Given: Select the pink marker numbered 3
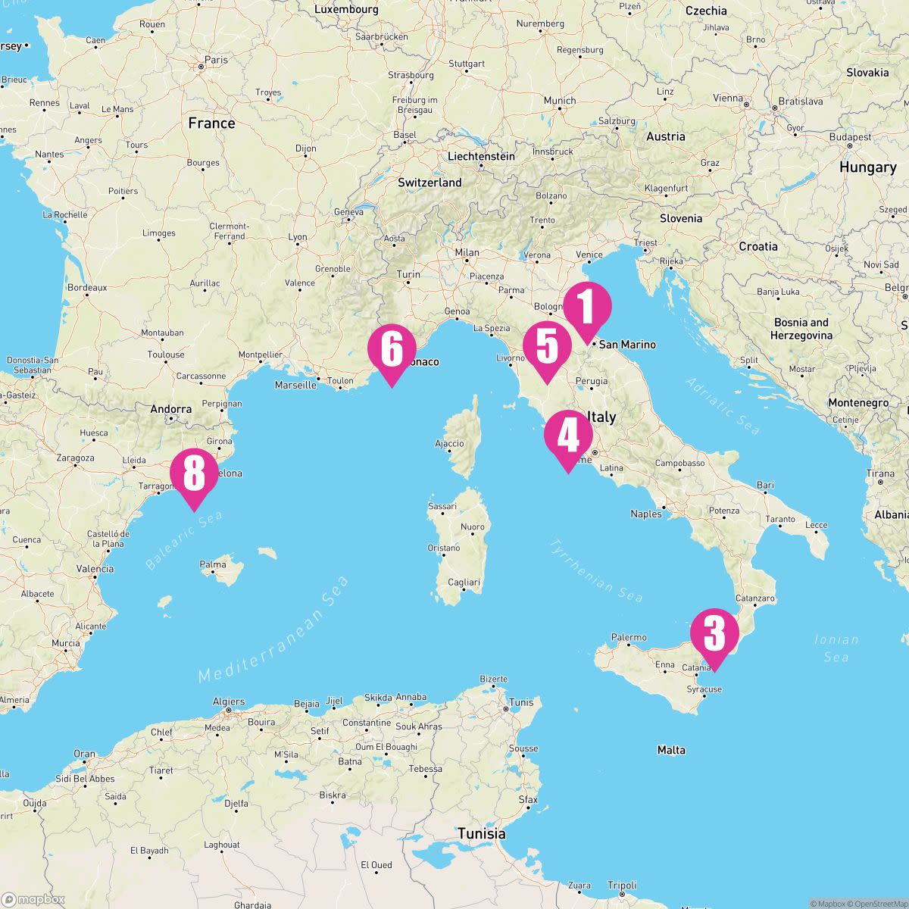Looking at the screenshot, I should [714, 634].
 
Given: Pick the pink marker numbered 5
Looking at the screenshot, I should [547, 348].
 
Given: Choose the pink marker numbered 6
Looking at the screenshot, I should [392, 350].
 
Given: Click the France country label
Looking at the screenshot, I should [211, 123].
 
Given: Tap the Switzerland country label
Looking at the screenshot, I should [430, 183].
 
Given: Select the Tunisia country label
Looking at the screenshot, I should [481, 833].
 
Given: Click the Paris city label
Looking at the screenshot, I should [216, 60].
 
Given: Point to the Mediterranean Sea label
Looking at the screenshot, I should [274, 629].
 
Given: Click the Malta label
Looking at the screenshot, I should [671, 750].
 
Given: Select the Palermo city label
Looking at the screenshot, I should [629, 638].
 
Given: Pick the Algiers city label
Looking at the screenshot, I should [229, 701].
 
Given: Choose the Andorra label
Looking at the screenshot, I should [171, 409].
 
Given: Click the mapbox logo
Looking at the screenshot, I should [33, 899].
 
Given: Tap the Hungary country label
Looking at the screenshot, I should [867, 167].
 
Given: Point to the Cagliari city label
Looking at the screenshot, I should [464, 582].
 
